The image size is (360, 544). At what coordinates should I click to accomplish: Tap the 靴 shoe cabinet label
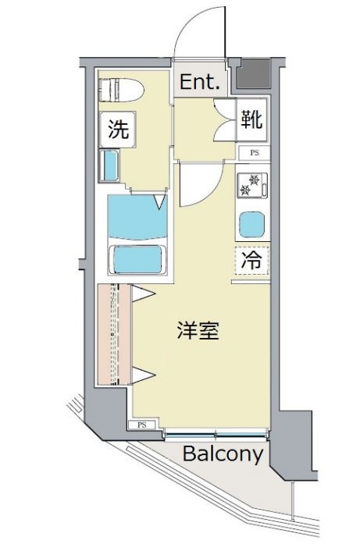click(251, 119)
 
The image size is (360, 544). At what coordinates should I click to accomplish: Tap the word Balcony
click(223, 454)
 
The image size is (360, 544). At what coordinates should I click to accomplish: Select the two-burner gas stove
click(252, 183)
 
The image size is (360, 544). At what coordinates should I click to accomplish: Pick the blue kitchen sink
click(252, 226)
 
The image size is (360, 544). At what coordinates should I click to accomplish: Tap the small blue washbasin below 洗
click(109, 166)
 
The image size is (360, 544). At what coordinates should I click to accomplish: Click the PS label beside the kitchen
click(254, 153)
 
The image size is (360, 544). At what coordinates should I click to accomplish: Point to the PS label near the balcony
click(141, 425)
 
